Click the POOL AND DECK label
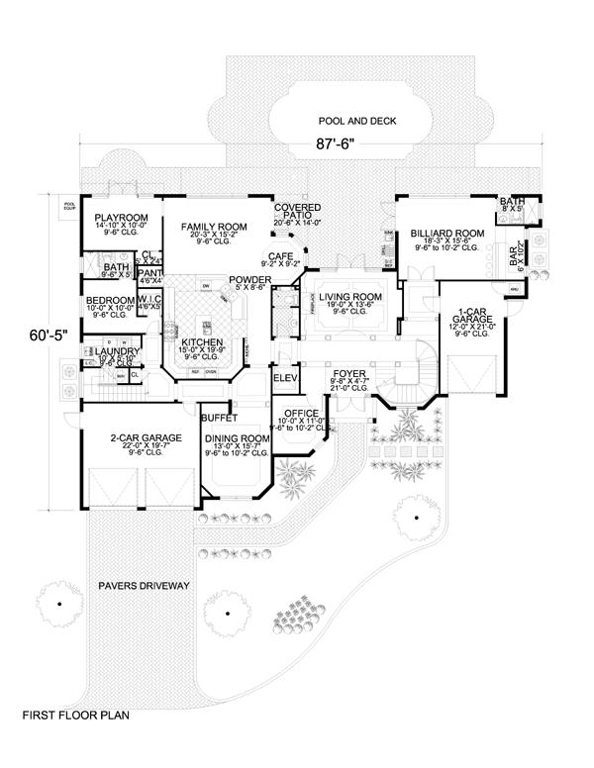354,120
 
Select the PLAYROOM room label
121,218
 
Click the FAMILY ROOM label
213,227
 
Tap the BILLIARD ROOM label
445,234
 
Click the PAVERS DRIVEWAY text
144,586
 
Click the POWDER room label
248,280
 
